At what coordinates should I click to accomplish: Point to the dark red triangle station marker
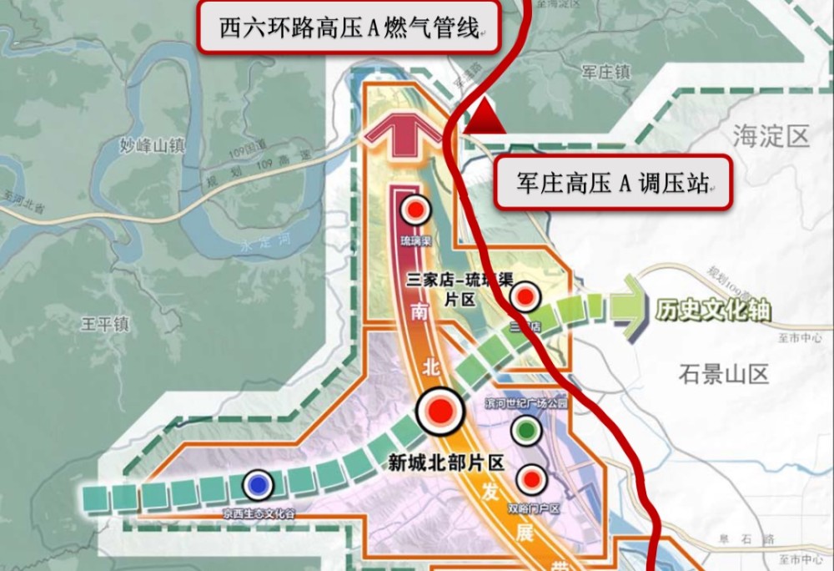click(x=485, y=118)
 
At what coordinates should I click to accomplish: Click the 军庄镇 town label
click(x=605, y=73)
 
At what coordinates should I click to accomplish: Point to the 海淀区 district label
click(x=771, y=136)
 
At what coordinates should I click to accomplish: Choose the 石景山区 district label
click(x=723, y=373)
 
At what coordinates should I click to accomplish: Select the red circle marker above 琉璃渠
click(x=414, y=210)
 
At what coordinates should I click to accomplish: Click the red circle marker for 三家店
click(x=525, y=296)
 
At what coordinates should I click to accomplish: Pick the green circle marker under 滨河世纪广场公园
click(x=525, y=431)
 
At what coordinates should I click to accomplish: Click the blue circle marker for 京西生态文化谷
click(x=259, y=485)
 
